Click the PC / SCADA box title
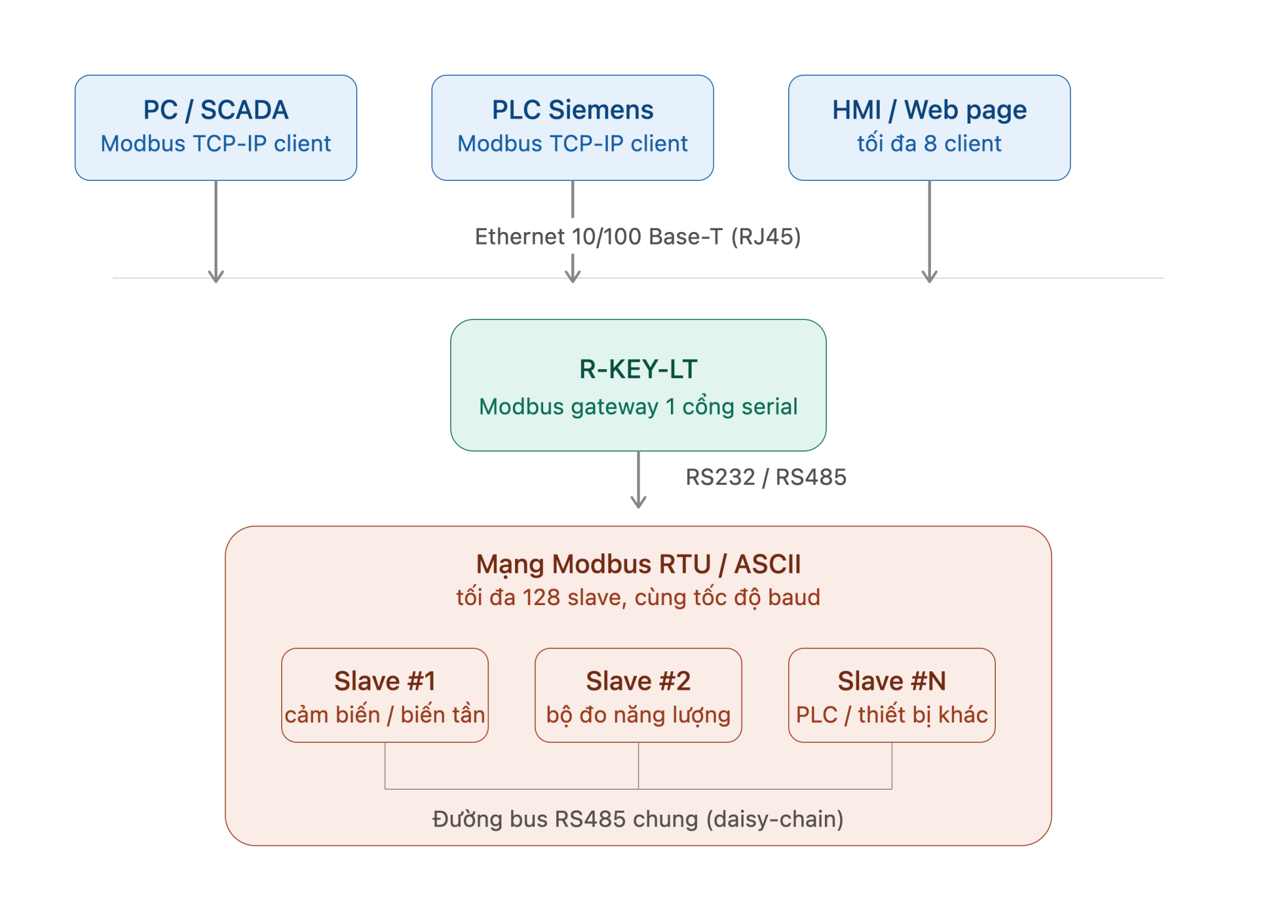[216, 110]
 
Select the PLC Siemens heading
[572, 110]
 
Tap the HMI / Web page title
[929, 110]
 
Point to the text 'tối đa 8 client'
[929, 143]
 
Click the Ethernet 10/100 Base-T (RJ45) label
[638, 236]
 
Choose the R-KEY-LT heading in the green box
[638, 369]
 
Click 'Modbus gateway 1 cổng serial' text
[638, 406]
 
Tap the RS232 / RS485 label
[766, 477]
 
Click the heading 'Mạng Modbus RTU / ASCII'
[638, 565]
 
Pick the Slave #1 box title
[385, 681]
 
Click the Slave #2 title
[638, 681]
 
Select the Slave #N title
[892, 681]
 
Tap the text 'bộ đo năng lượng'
[638, 715]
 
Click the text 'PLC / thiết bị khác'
[892, 715]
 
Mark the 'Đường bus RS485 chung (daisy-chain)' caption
[638, 819]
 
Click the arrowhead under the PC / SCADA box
[216, 276]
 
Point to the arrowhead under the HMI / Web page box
[929, 276]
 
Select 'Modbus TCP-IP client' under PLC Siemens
[572, 143]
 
